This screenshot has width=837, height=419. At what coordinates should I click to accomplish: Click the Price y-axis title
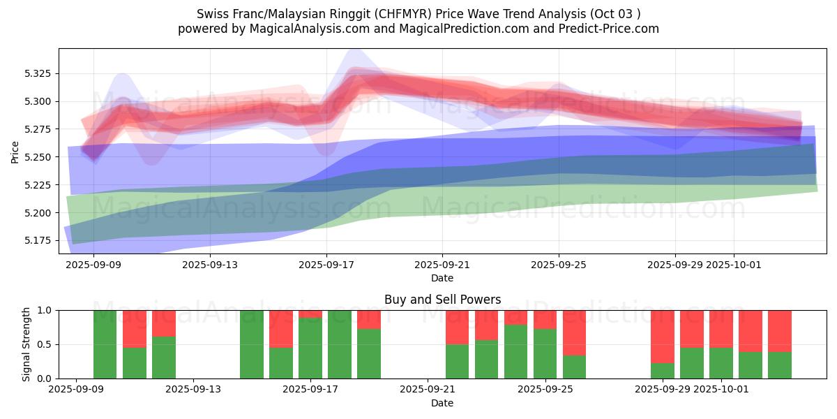click(x=15, y=152)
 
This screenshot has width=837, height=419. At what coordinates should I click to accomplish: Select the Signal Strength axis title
click(x=27, y=344)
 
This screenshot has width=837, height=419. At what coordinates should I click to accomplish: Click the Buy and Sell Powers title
click(x=442, y=300)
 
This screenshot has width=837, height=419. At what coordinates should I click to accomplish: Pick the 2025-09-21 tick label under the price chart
click(x=442, y=265)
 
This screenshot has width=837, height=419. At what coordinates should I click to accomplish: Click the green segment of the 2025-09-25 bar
click(x=545, y=353)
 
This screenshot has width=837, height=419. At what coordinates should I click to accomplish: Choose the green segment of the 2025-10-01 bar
click(x=721, y=363)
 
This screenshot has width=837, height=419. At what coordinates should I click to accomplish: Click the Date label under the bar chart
click(x=442, y=403)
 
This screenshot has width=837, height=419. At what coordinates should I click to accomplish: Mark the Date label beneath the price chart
click(x=442, y=278)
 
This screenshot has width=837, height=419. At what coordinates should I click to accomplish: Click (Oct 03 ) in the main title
click(x=616, y=14)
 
